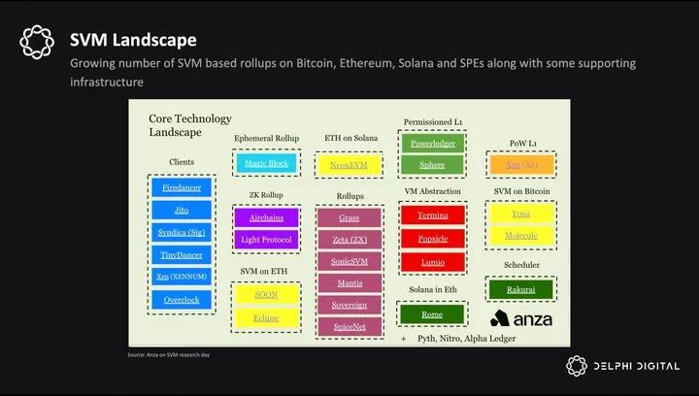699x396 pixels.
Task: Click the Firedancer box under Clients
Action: (182, 186)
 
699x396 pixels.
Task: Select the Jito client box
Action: (182, 210)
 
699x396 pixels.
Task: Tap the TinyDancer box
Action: (182, 255)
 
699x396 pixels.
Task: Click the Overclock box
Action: (182, 300)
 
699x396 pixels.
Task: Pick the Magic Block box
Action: (266, 163)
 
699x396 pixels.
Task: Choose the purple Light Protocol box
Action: (266, 239)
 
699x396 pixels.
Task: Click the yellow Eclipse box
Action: (266, 316)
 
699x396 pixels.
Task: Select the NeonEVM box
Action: (349, 165)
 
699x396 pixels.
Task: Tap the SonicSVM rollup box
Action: (349, 261)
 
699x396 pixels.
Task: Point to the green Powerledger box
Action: (433, 144)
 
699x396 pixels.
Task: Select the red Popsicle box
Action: (433, 239)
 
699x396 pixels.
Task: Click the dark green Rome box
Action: (433, 313)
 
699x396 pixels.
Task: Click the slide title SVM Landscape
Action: (134, 40)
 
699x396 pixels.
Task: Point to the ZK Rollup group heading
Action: (265, 194)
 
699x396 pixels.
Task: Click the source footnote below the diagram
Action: (169, 355)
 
